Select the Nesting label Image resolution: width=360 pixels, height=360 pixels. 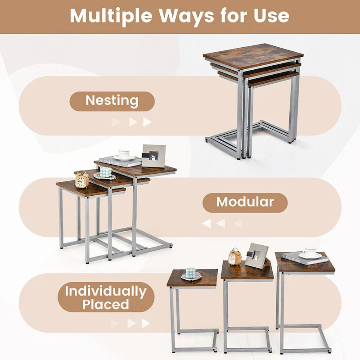[x=112, y=101]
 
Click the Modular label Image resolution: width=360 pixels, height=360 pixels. [x=245, y=202]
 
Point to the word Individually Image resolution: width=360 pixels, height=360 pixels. [x=106, y=291]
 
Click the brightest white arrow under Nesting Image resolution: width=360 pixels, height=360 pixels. [x=147, y=122]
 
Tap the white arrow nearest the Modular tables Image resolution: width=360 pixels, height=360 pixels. [x=207, y=223]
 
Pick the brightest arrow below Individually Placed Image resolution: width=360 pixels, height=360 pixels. [x=145, y=323]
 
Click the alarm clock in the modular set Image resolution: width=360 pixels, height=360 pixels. [x=82, y=180]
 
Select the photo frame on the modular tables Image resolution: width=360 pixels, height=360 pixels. [x=153, y=156]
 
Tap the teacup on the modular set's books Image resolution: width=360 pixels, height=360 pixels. [x=124, y=154]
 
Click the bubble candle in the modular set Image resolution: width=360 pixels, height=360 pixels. [x=105, y=173]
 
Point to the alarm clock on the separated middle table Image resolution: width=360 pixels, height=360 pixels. [x=234, y=257]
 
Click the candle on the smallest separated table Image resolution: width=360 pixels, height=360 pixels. [x=191, y=273]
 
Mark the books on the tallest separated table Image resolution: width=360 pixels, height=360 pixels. [x=305, y=259]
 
